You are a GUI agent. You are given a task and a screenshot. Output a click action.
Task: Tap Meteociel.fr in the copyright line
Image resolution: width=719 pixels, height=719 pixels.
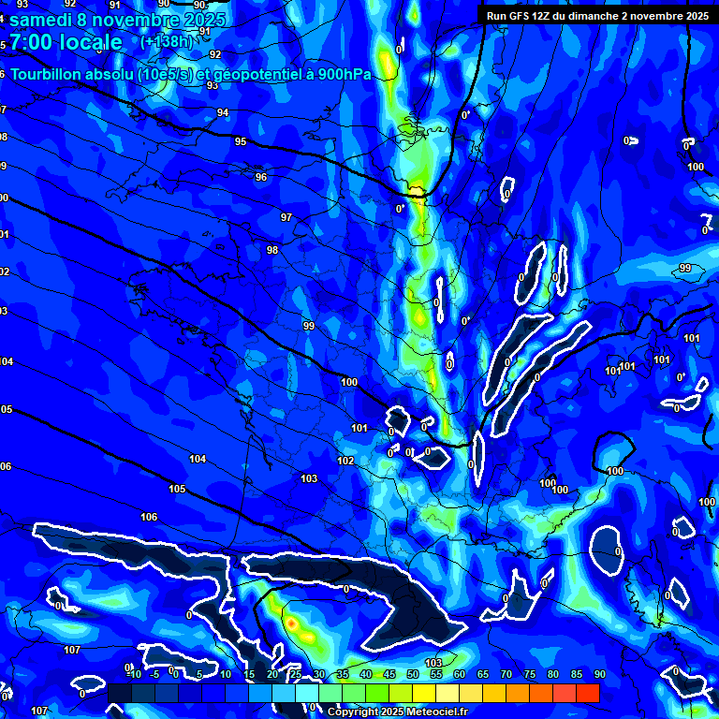click(436, 712)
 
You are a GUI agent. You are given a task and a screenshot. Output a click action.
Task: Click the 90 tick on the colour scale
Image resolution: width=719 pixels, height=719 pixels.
click(599, 674)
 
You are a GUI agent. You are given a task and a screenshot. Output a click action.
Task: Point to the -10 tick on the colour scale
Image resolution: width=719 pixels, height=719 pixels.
click(132, 674)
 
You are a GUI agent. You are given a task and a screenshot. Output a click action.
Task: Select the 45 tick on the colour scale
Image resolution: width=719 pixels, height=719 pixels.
click(389, 674)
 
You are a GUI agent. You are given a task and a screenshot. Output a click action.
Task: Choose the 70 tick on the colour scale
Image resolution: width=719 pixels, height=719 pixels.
click(506, 674)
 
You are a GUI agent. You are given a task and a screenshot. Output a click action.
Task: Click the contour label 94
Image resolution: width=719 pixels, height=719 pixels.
click(222, 112)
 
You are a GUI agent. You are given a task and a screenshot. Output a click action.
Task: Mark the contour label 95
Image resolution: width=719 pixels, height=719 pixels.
click(241, 141)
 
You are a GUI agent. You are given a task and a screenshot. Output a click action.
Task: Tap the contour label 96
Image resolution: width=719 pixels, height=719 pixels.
click(260, 177)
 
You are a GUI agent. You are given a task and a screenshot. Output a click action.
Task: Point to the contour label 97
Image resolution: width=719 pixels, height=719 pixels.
click(286, 217)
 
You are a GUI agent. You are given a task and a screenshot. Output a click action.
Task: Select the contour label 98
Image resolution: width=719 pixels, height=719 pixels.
click(272, 250)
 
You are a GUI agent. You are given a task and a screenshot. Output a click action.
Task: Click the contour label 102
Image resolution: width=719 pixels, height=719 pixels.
click(345, 461)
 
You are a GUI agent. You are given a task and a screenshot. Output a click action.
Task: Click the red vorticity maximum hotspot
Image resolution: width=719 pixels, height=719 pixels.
click(291, 622)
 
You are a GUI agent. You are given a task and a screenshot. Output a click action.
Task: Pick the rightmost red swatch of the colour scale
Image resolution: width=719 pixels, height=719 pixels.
click(587, 693)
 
